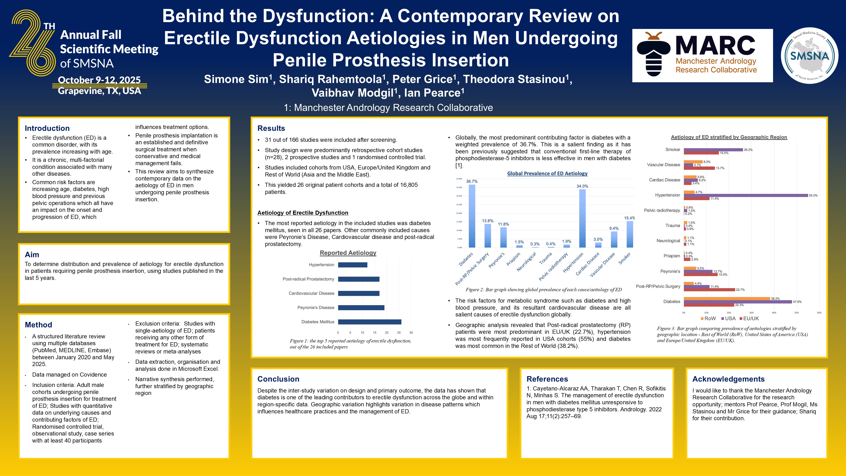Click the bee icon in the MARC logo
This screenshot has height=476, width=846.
click(x=653, y=54)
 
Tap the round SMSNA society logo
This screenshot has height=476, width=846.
click(x=809, y=56)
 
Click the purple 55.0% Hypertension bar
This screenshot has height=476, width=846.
click(x=746, y=196)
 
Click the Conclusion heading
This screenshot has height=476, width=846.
click(x=278, y=379)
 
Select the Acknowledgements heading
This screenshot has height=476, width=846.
click(x=728, y=379)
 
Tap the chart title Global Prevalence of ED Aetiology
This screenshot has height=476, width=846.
click(x=547, y=173)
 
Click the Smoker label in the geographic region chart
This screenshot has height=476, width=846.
click(x=673, y=149)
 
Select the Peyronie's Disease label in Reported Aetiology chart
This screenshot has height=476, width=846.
click(x=316, y=308)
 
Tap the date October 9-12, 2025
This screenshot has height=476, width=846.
click(x=99, y=80)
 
